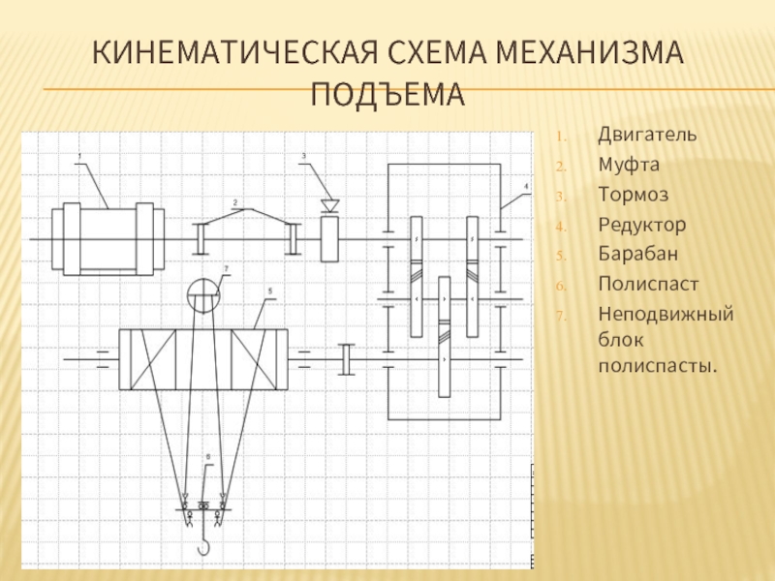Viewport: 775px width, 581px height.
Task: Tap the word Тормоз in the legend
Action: [633, 195]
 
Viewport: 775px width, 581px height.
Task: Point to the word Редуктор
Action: [641, 225]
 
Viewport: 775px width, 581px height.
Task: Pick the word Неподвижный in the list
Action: [665, 315]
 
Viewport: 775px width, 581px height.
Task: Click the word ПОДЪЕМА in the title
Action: [387, 95]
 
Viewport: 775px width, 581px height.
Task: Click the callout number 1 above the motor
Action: [79, 156]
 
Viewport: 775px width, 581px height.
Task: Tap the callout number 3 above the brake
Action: [303, 156]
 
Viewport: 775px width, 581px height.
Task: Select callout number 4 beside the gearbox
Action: [526, 185]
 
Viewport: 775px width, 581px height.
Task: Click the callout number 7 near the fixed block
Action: [226, 268]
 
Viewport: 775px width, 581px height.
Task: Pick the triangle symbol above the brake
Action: [330, 204]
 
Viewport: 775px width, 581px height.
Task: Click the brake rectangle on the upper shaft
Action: [329, 238]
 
